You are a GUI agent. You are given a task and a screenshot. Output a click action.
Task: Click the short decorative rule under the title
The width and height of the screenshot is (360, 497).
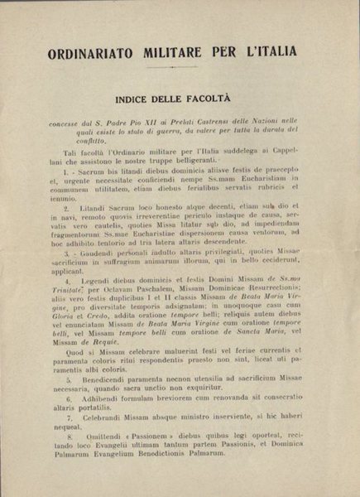click(180, 69)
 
